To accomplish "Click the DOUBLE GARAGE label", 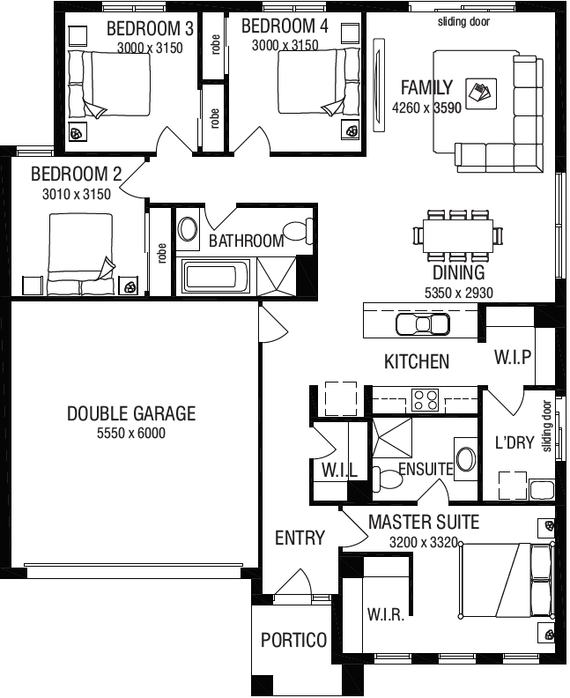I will tap(131, 413).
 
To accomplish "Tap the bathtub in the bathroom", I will tap(215, 276).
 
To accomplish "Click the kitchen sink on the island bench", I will tap(423, 325).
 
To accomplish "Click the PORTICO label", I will tap(293, 640).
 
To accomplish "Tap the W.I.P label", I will tap(512, 357).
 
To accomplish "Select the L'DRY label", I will tap(514, 442).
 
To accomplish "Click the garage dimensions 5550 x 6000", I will tap(131, 433).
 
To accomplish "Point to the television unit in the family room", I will tap(379, 85).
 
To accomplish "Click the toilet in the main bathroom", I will tap(298, 232).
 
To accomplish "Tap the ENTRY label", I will tap(300, 538).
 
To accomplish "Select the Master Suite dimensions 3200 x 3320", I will tap(425, 542).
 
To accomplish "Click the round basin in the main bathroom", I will tap(189, 230).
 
